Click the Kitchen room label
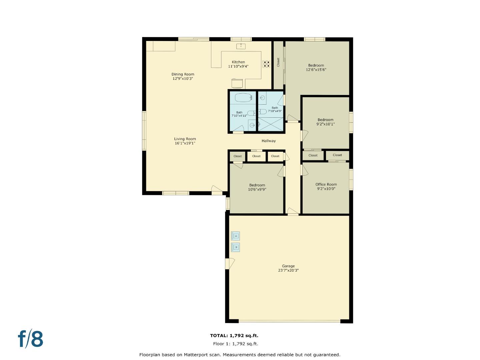(238, 62)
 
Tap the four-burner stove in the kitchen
(266, 64)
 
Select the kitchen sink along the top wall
(241, 46)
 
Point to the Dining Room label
(183, 74)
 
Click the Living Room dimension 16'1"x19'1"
(185, 143)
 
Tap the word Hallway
(268, 141)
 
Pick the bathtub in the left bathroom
(243, 98)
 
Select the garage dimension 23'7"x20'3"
(288, 270)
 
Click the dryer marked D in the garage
(236, 236)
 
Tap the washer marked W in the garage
(236, 247)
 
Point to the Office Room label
(326, 184)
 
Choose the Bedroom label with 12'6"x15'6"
(316, 65)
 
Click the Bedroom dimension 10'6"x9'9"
(257, 190)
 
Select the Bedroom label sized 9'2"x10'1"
(325, 120)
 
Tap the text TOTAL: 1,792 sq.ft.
(234, 336)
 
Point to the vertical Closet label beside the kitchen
(278, 62)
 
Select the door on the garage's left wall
(229, 264)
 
